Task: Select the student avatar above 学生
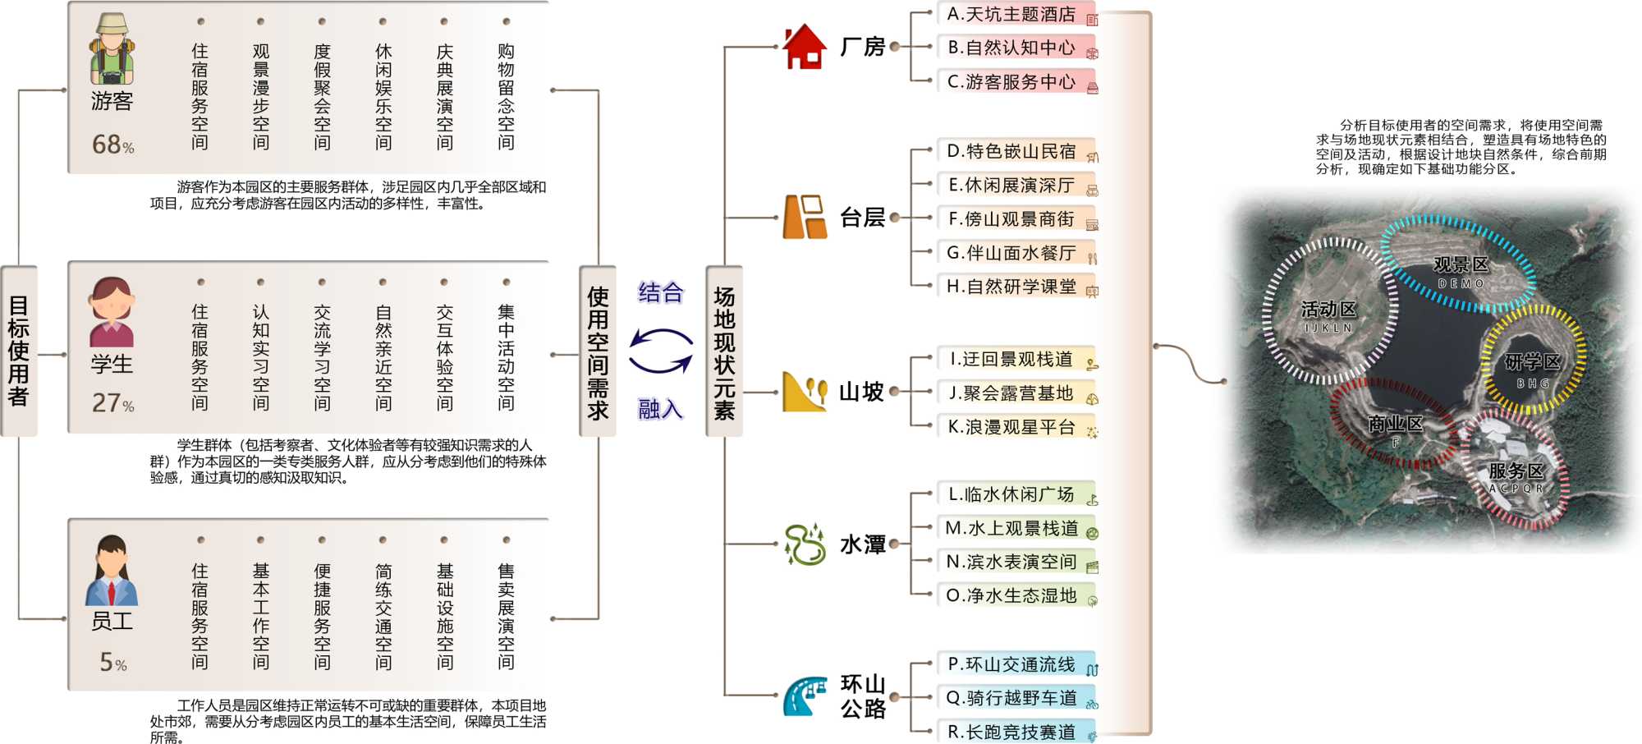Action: [112, 312]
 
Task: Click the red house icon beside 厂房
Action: [804, 47]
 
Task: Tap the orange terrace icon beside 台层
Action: [805, 217]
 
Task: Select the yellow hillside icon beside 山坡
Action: [804, 392]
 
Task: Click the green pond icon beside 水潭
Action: [805, 544]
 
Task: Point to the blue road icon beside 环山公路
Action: [805, 696]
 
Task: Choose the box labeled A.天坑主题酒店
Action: [1016, 15]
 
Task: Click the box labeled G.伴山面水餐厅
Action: [1016, 253]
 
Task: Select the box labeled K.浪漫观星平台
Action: [1016, 427]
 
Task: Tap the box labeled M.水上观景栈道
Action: [1016, 528]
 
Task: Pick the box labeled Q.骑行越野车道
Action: [1016, 698]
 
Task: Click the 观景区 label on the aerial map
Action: [1461, 265]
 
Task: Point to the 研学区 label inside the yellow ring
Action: [1532, 363]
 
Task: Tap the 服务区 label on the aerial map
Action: [1516, 471]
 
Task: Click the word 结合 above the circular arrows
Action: [661, 292]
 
